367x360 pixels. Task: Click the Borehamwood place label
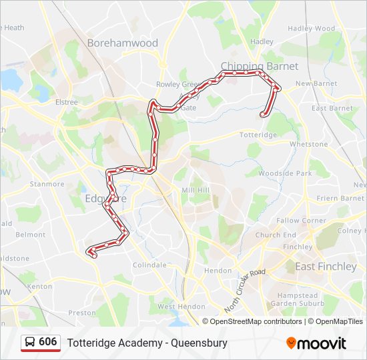click(x=122, y=43)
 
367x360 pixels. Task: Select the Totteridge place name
click(x=258, y=135)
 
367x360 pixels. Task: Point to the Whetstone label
click(x=308, y=144)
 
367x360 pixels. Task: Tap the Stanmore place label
click(x=47, y=184)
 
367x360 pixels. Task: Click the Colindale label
click(x=149, y=265)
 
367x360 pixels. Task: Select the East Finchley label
click(x=326, y=267)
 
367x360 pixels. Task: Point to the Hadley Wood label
click(x=311, y=29)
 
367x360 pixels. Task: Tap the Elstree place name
click(x=66, y=102)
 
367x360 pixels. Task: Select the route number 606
click(x=47, y=342)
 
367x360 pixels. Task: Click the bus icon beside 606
click(x=30, y=342)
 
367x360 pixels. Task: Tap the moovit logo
click(x=316, y=343)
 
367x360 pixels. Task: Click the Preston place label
click(x=82, y=313)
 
